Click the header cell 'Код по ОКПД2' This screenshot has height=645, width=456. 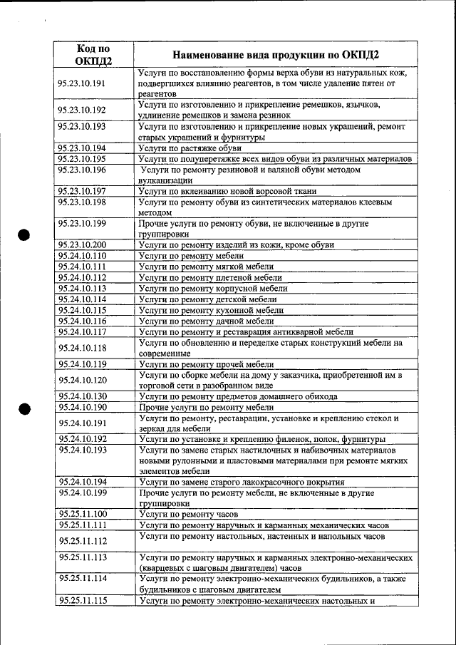pyautogui.click(x=94, y=54)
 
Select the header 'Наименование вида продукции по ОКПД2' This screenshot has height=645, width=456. pyautogui.click(x=276, y=55)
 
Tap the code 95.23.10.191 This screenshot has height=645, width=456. pyautogui.click(x=82, y=83)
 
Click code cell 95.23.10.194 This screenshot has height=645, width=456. pyautogui.click(x=82, y=148)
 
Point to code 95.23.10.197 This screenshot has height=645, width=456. pyautogui.click(x=82, y=191)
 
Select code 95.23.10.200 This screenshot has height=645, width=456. pyautogui.click(x=82, y=245)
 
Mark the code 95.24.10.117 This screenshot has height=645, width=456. pyautogui.click(x=82, y=331)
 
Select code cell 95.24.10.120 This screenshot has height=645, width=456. pyautogui.click(x=82, y=381)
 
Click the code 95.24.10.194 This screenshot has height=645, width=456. pyautogui.click(x=82, y=483)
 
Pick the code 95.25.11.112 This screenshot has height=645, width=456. pyautogui.click(x=82, y=541)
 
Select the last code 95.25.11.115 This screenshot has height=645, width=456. pyautogui.click(x=82, y=601)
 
